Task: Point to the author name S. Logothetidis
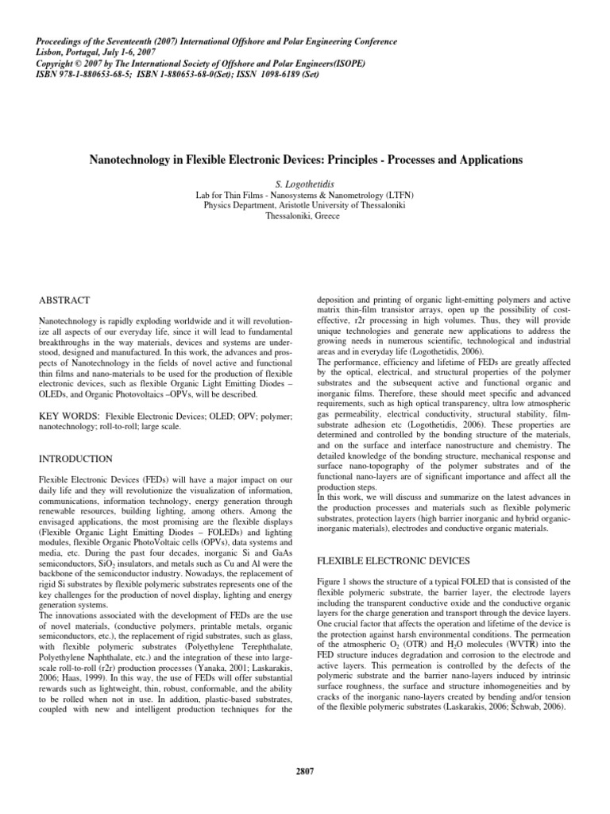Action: pyautogui.click(x=305, y=183)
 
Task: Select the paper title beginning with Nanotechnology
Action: pyautogui.click(x=304, y=160)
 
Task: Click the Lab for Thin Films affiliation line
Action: pyautogui.click(x=305, y=194)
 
